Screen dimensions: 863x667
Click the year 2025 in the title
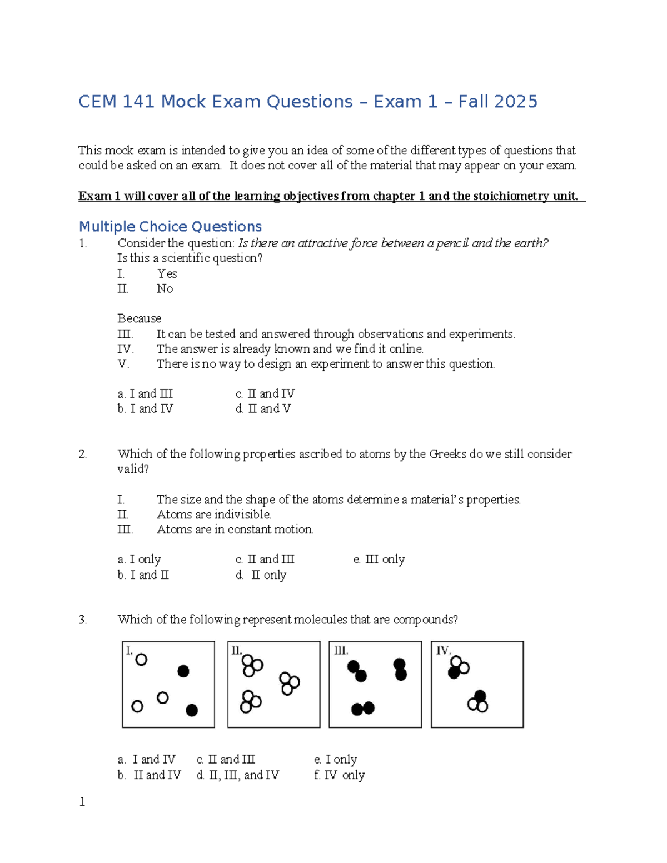point(515,102)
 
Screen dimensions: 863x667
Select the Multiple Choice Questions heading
point(170,227)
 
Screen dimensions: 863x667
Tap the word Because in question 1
point(139,318)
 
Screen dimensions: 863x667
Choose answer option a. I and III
point(145,394)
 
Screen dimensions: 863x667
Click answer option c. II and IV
point(265,394)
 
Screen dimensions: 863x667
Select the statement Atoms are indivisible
point(213,515)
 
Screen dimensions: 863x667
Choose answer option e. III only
point(379,560)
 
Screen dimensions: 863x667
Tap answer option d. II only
point(261,575)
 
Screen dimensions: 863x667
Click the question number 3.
point(83,620)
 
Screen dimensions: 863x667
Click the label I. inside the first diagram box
point(130,651)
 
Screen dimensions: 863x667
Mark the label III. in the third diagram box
point(341,651)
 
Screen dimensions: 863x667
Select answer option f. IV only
point(339,775)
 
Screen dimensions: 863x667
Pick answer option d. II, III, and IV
point(237,775)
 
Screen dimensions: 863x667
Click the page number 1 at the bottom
point(82,801)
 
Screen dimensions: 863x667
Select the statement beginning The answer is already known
point(290,349)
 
